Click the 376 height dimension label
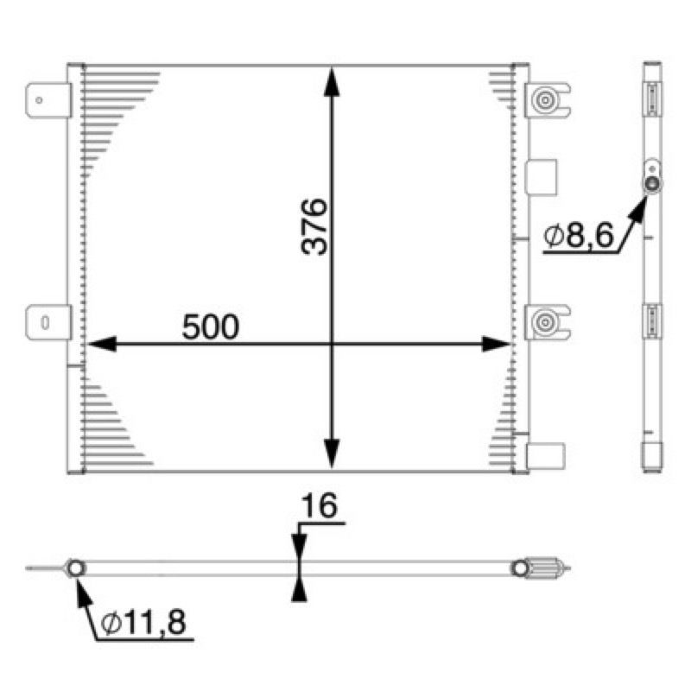[314, 227]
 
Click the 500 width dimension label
[211, 327]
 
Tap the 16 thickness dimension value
[319, 506]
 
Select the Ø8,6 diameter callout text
[578, 236]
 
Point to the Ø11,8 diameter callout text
[143, 623]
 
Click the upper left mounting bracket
[48, 100]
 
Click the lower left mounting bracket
[48, 322]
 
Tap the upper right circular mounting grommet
[545, 100]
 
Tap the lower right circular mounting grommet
[545, 322]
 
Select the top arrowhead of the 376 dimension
[332, 81]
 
